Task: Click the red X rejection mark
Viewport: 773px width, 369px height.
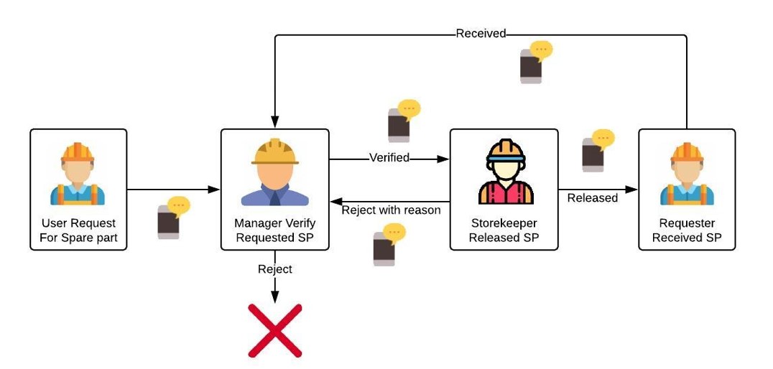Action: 275,330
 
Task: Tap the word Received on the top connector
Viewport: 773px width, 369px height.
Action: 481,34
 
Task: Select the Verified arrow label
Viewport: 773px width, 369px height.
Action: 389,158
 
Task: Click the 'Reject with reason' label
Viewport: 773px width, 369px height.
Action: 391,210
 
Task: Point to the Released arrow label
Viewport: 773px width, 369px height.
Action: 592,198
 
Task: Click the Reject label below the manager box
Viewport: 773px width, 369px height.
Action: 275,268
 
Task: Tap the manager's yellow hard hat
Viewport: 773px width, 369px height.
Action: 275,151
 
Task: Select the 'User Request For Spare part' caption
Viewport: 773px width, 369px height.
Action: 78,230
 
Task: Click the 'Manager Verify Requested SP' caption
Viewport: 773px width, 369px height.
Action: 275,230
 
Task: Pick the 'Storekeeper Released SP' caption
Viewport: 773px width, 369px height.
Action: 504,230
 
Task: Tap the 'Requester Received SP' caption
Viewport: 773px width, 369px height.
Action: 687,230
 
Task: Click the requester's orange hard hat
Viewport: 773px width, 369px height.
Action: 687,152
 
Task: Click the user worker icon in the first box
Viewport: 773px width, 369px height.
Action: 78,174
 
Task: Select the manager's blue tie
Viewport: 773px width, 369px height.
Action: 274,192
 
